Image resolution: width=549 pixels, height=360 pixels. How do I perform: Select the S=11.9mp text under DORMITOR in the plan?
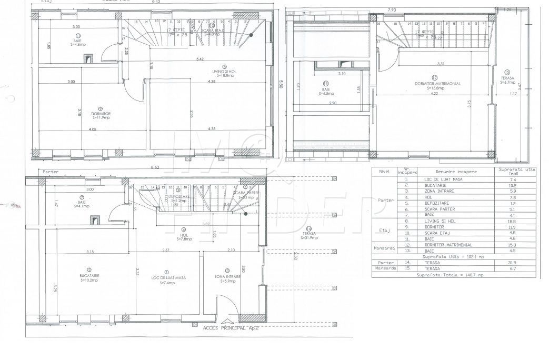point(100,117)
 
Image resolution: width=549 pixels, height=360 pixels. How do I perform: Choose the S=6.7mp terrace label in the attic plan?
point(507,83)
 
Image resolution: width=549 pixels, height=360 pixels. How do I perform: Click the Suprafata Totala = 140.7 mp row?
point(450,275)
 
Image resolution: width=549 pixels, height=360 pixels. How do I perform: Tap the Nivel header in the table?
point(383,171)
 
